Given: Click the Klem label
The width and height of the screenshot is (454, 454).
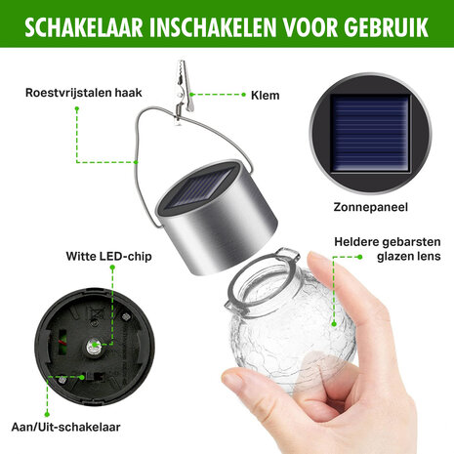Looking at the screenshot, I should tap(265, 95).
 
